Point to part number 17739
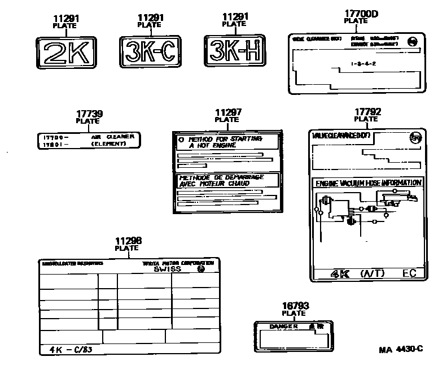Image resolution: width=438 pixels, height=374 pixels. click(x=90, y=114)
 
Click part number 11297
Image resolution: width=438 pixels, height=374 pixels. click(x=227, y=112)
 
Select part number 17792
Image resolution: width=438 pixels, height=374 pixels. click(x=367, y=112)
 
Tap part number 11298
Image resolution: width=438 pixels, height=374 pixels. click(x=128, y=241)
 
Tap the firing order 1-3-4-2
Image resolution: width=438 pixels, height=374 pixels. click(x=363, y=64)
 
